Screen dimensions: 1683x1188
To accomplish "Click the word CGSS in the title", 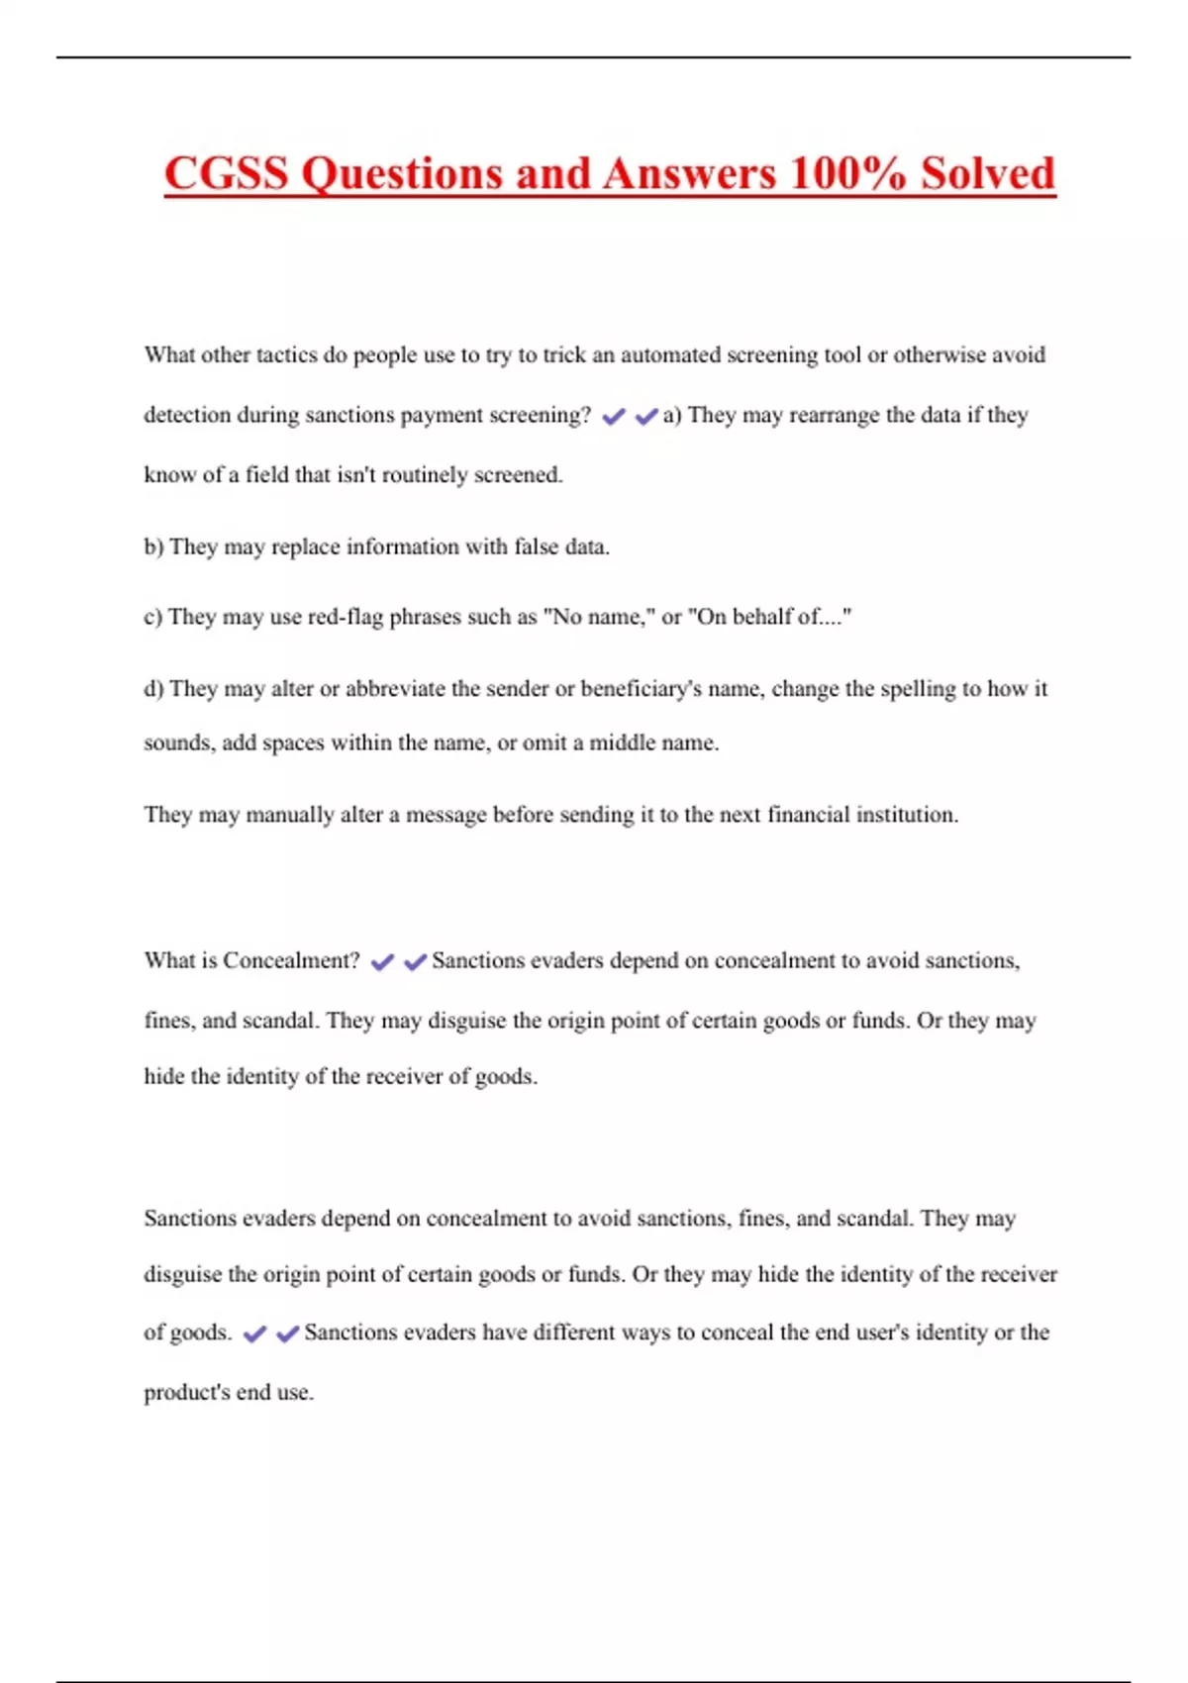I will pos(226,173).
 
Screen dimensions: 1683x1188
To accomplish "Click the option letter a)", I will pos(672,415).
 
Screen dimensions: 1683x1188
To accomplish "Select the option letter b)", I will pos(153,546).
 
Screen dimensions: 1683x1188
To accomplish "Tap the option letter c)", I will pos(152,617).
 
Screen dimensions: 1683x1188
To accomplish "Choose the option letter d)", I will pos(153,688).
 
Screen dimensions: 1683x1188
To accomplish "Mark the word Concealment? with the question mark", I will pos(291,960).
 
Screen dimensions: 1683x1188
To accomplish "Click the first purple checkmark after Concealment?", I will pos(382,961).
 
